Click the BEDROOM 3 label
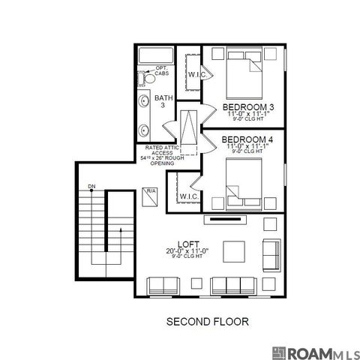coord(248,107)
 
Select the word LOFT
coord(187,244)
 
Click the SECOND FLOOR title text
coord(206,322)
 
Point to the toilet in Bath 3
coord(148,77)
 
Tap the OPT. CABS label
coord(162,71)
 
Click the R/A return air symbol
coord(150,192)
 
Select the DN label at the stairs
coord(91,185)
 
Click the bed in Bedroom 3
coord(245,72)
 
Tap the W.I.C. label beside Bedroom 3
coord(197,75)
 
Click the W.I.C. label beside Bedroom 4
coord(189,196)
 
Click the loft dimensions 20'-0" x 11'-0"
coord(187,252)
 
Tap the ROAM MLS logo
coord(315,352)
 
